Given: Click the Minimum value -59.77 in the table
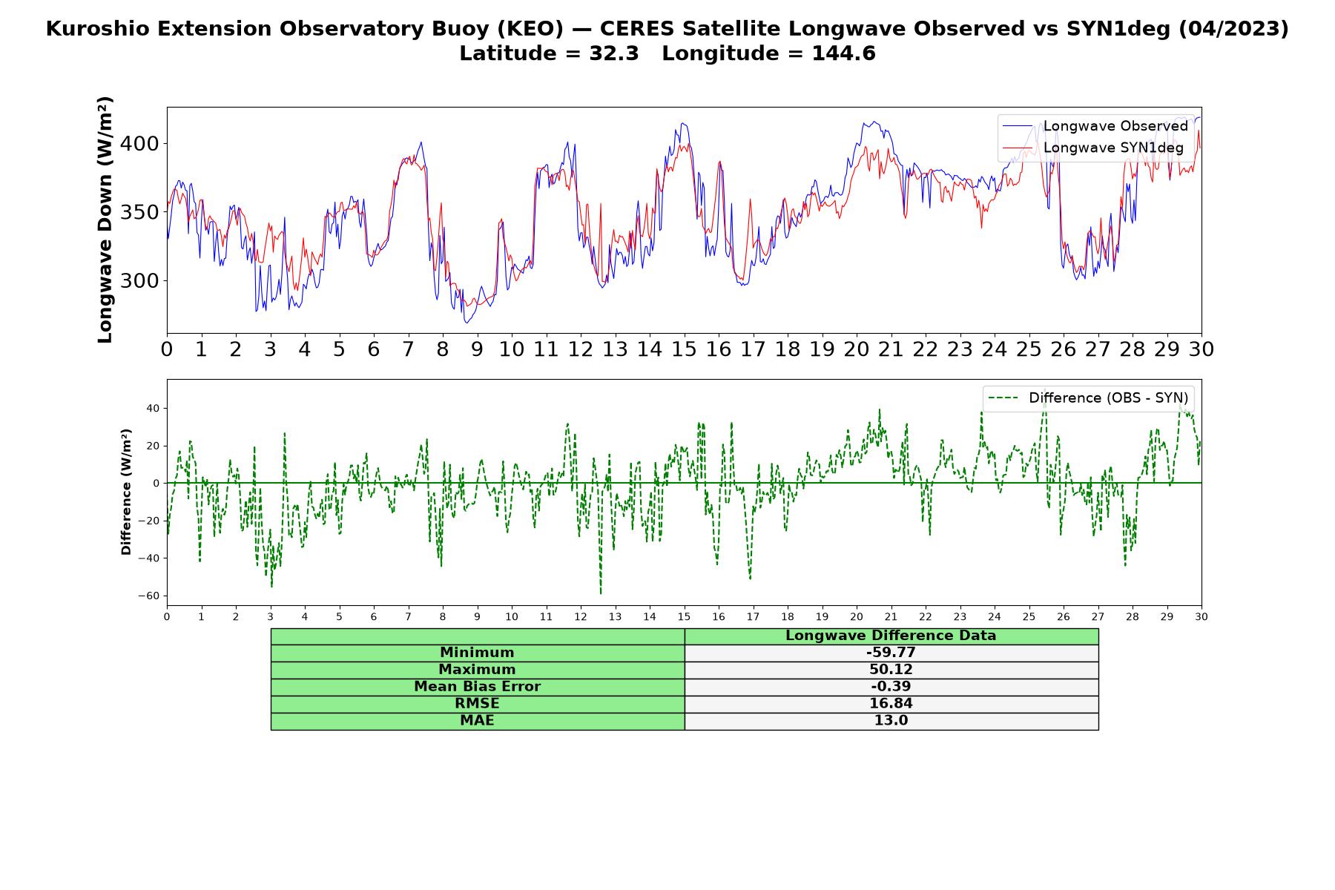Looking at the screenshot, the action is pyautogui.click(x=891, y=653).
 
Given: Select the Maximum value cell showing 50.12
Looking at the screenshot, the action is pyautogui.click(x=891, y=670).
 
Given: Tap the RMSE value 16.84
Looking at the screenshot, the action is pyautogui.click(x=891, y=704).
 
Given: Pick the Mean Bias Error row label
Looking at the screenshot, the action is pyautogui.click(x=477, y=687).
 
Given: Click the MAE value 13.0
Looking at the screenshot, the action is pyautogui.click(x=891, y=721).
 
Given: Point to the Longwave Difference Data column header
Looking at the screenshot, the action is pyautogui.click(x=891, y=636).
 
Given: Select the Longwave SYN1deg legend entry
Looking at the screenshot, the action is pyautogui.click(x=1093, y=148).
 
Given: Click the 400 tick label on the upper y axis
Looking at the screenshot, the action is pyautogui.click(x=139, y=143).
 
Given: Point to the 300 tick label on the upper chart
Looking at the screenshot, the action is pyautogui.click(x=139, y=281).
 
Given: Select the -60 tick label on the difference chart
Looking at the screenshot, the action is pyautogui.click(x=148, y=596).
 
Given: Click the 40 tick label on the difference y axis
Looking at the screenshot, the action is pyautogui.click(x=153, y=408).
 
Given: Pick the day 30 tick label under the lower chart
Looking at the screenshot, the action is pyautogui.click(x=1201, y=616).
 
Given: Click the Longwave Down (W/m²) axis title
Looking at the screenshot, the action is pyautogui.click(x=105, y=220).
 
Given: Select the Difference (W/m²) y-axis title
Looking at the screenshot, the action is pyautogui.click(x=126, y=492).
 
